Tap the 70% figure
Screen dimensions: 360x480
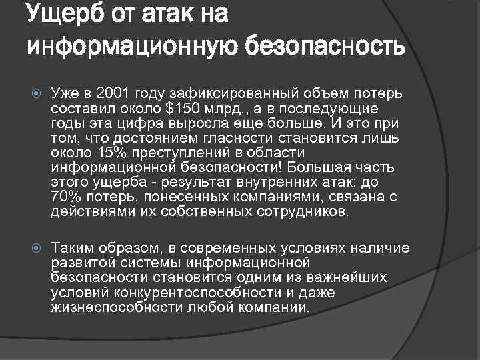(x=63, y=198)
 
